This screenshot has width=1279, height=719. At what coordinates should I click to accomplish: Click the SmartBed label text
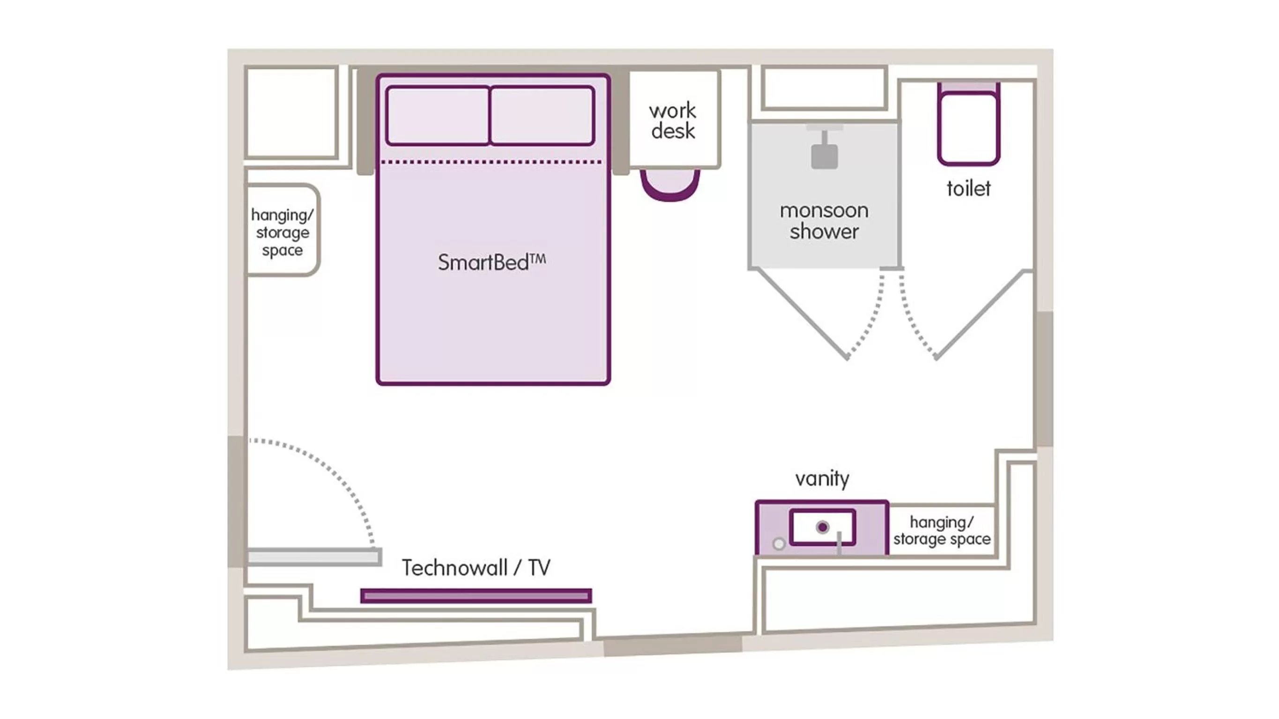click(x=491, y=262)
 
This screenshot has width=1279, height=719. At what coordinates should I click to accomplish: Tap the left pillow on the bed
click(x=438, y=116)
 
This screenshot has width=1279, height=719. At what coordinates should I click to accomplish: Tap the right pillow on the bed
click(x=542, y=116)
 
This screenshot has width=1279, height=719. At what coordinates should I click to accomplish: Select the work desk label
click(x=673, y=121)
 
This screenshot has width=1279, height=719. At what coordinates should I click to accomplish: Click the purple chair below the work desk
click(x=670, y=189)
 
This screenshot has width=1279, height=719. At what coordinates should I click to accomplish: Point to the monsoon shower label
click(x=824, y=221)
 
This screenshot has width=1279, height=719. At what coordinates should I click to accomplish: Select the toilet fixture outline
click(x=968, y=128)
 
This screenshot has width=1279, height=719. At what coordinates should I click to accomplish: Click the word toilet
click(x=968, y=189)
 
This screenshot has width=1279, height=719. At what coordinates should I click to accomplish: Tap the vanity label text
click(x=822, y=478)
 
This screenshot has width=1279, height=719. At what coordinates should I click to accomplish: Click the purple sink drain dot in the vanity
click(x=822, y=527)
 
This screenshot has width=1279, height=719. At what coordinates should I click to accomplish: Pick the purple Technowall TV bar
click(x=476, y=595)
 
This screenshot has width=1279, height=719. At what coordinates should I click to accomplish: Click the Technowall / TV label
click(x=476, y=568)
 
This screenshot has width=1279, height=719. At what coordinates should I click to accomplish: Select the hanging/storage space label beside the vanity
click(x=941, y=530)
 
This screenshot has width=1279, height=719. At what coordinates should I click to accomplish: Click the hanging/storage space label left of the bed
click(x=282, y=232)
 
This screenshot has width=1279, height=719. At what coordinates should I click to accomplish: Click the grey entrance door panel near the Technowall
click(x=314, y=557)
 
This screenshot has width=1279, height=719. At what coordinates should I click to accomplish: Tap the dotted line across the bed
click(x=491, y=162)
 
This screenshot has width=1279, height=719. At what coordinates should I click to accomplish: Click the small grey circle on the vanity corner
click(x=779, y=544)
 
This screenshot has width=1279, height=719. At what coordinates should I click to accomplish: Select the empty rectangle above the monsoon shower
click(x=824, y=88)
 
